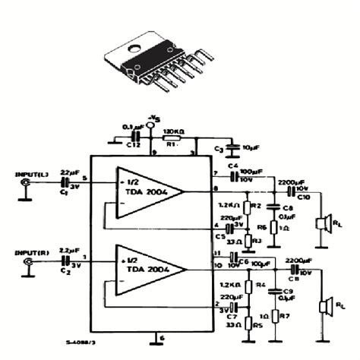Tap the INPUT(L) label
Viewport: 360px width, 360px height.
pos(31,175)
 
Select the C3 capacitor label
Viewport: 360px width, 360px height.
pos(219,148)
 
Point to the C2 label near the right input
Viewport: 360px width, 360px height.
pos(64,270)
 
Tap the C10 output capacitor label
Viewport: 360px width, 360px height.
pos(303,197)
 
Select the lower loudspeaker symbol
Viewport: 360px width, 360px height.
pos(324,305)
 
